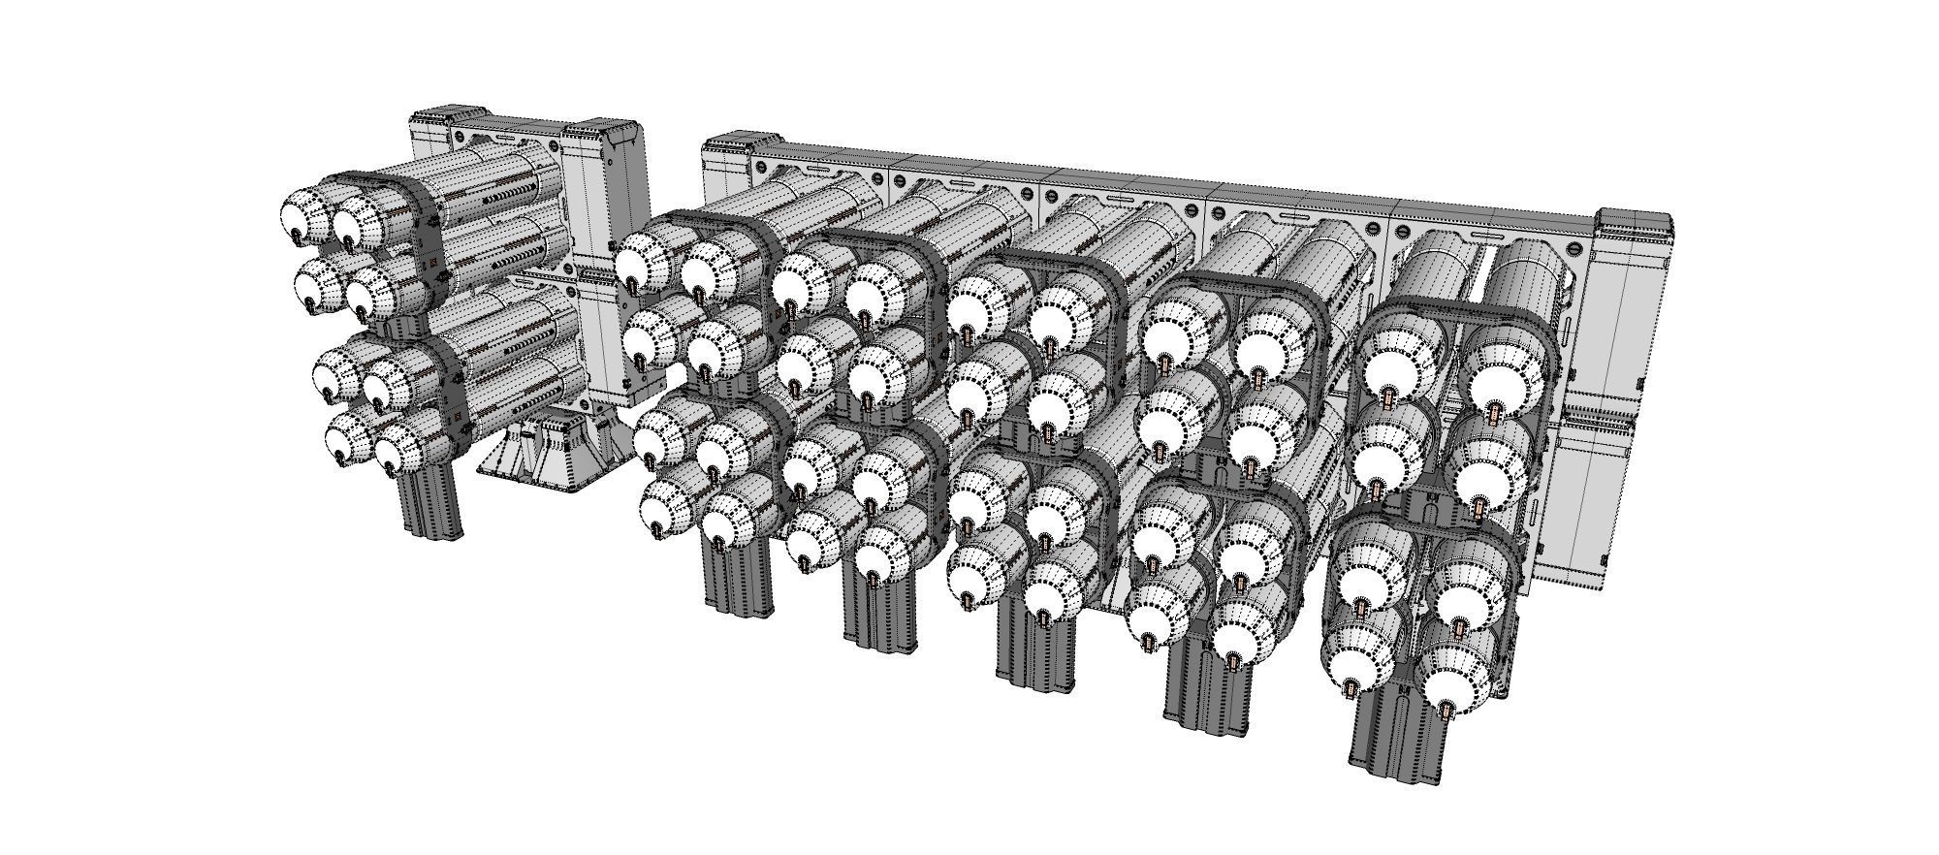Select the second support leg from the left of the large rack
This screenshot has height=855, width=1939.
click(878, 612)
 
